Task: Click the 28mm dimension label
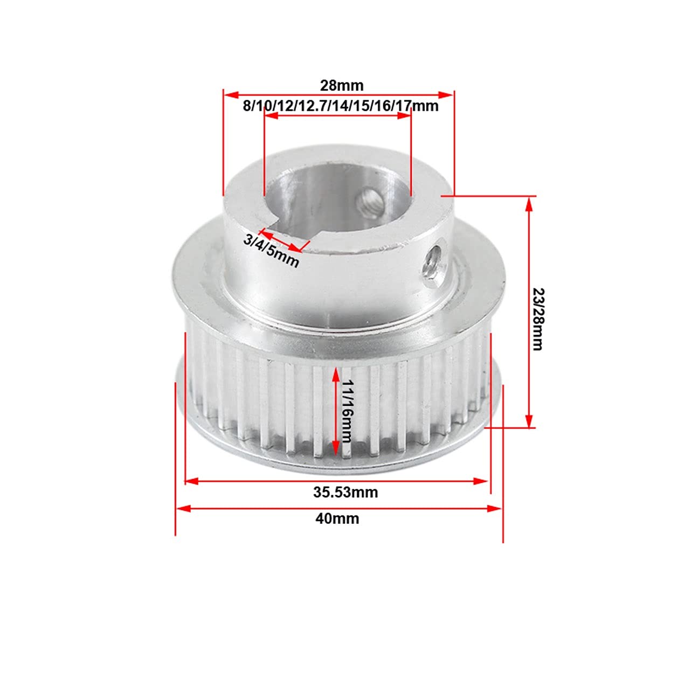(x=342, y=86)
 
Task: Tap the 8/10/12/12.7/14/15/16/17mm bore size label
(x=341, y=106)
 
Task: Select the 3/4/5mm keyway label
(x=271, y=251)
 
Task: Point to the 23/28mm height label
(x=538, y=319)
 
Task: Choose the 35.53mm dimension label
(x=345, y=492)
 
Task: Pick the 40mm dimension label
(x=337, y=518)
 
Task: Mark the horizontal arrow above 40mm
(x=338, y=508)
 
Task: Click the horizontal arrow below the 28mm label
(x=338, y=94)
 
